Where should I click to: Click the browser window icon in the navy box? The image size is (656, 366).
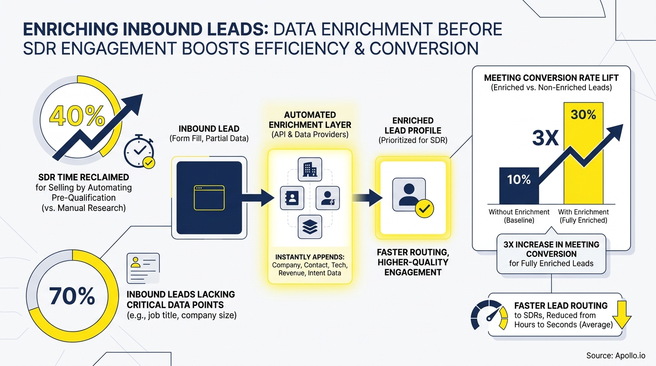pyautogui.click(x=209, y=197)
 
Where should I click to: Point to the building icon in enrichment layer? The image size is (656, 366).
pyautogui.click(x=310, y=170)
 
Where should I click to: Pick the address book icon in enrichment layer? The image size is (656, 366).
pyautogui.click(x=292, y=198)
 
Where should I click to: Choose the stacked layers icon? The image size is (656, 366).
pyautogui.click(x=310, y=226)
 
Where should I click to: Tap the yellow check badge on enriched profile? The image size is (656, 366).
pyautogui.click(x=424, y=208)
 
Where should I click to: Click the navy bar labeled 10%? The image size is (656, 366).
pyautogui.click(x=519, y=185)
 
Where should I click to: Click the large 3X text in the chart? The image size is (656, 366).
pyautogui.click(x=545, y=138)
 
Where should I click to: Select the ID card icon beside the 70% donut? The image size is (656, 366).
pyautogui.click(x=143, y=268)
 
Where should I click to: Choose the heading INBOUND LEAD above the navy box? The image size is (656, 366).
pyautogui.click(x=209, y=129)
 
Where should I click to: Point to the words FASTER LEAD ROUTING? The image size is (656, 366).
pyautogui.click(x=561, y=305)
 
